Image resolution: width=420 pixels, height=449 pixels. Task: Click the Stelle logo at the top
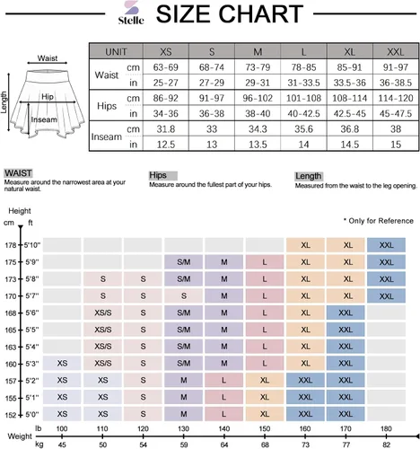[x=131, y=13]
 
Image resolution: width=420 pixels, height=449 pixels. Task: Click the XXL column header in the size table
[x=396, y=51]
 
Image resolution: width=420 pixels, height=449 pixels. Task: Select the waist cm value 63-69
[x=166, y=67]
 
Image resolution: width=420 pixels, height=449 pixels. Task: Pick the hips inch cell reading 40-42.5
[x=303, y=113]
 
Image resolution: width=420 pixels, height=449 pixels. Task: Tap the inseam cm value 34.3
[x=258, y=129]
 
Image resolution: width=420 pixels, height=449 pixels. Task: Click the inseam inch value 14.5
[x=349, y=145]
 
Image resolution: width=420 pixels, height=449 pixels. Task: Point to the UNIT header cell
[x=116, y=51]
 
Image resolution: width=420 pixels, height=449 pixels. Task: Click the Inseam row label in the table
[x=107, y=136]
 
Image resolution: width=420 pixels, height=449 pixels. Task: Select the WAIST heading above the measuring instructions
[x=18, y=173]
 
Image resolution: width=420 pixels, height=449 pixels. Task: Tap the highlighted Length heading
[x=309, y=176]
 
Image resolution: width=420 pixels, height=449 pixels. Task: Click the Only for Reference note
[x=379, y=221]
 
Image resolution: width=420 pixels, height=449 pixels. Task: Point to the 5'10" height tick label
[x=31, y=245]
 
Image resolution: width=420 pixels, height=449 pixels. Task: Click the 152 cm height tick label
[x=11, y=415]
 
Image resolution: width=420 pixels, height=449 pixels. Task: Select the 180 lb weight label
[x=386, y=428]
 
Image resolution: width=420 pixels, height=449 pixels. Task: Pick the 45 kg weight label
[x=62, y=445]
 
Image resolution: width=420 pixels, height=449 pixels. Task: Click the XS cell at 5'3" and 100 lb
[x=62, y=363]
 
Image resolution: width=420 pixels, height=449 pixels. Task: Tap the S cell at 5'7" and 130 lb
[x=184, y=296]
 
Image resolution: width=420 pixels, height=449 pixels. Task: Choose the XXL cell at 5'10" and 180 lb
[x=386, y=245]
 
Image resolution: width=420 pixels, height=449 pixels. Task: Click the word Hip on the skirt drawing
[x=48, y=96]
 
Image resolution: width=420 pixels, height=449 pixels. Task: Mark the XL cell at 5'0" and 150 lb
[x=265, y=414]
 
